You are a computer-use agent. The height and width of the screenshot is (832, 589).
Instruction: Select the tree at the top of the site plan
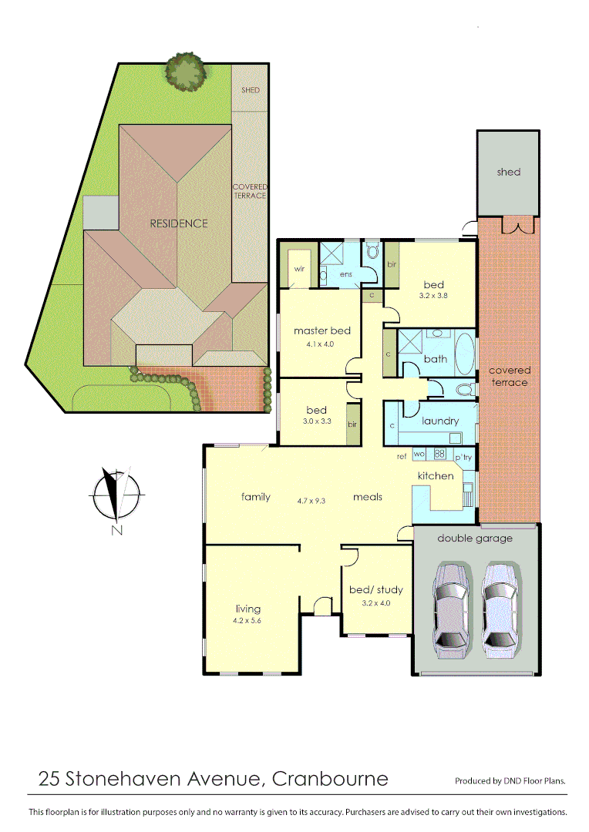point(185,72)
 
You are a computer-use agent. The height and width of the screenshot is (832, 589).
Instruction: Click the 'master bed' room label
point(321,330)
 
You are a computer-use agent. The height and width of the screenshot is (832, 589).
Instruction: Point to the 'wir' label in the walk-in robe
point(298,270)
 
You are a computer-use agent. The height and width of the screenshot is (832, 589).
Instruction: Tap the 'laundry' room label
point(440,421)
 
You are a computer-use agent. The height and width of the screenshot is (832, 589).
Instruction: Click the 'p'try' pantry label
point(463,458)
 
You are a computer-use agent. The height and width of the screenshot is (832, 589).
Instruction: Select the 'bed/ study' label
point(376,590)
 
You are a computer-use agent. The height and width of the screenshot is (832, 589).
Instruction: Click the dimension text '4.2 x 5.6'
point(248,621)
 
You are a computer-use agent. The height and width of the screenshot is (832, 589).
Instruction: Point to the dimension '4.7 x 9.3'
point(311,499)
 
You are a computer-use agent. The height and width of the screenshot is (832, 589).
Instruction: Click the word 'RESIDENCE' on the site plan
point(179,223)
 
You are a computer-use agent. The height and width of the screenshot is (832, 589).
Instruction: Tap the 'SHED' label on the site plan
point(250,90)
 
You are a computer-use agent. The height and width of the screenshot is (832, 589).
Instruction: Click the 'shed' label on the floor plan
point(508,172)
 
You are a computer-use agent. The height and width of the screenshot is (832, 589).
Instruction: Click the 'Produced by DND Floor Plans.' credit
point(510,781)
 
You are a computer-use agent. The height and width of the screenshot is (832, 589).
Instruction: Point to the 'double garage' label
point(475,538)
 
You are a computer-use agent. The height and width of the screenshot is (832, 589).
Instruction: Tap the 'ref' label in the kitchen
point(402,457)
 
